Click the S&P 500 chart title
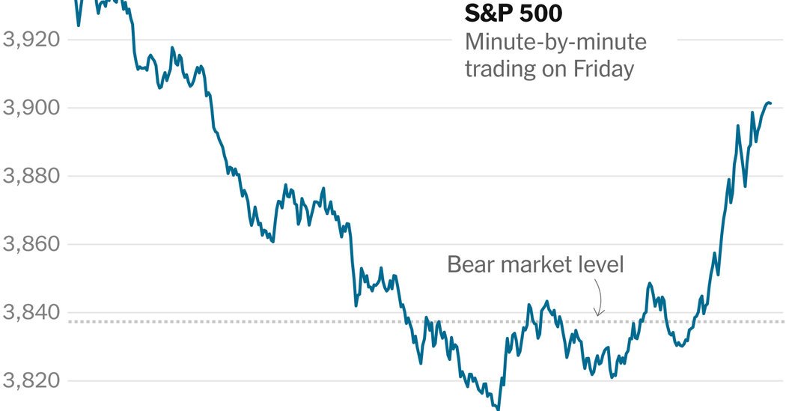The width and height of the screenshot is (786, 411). tap(513, 14)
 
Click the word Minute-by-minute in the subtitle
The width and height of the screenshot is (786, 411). tap(555, 42)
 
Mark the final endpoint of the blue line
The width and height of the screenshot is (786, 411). tap(770, 103)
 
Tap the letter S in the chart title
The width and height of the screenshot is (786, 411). tap(472, 14)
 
